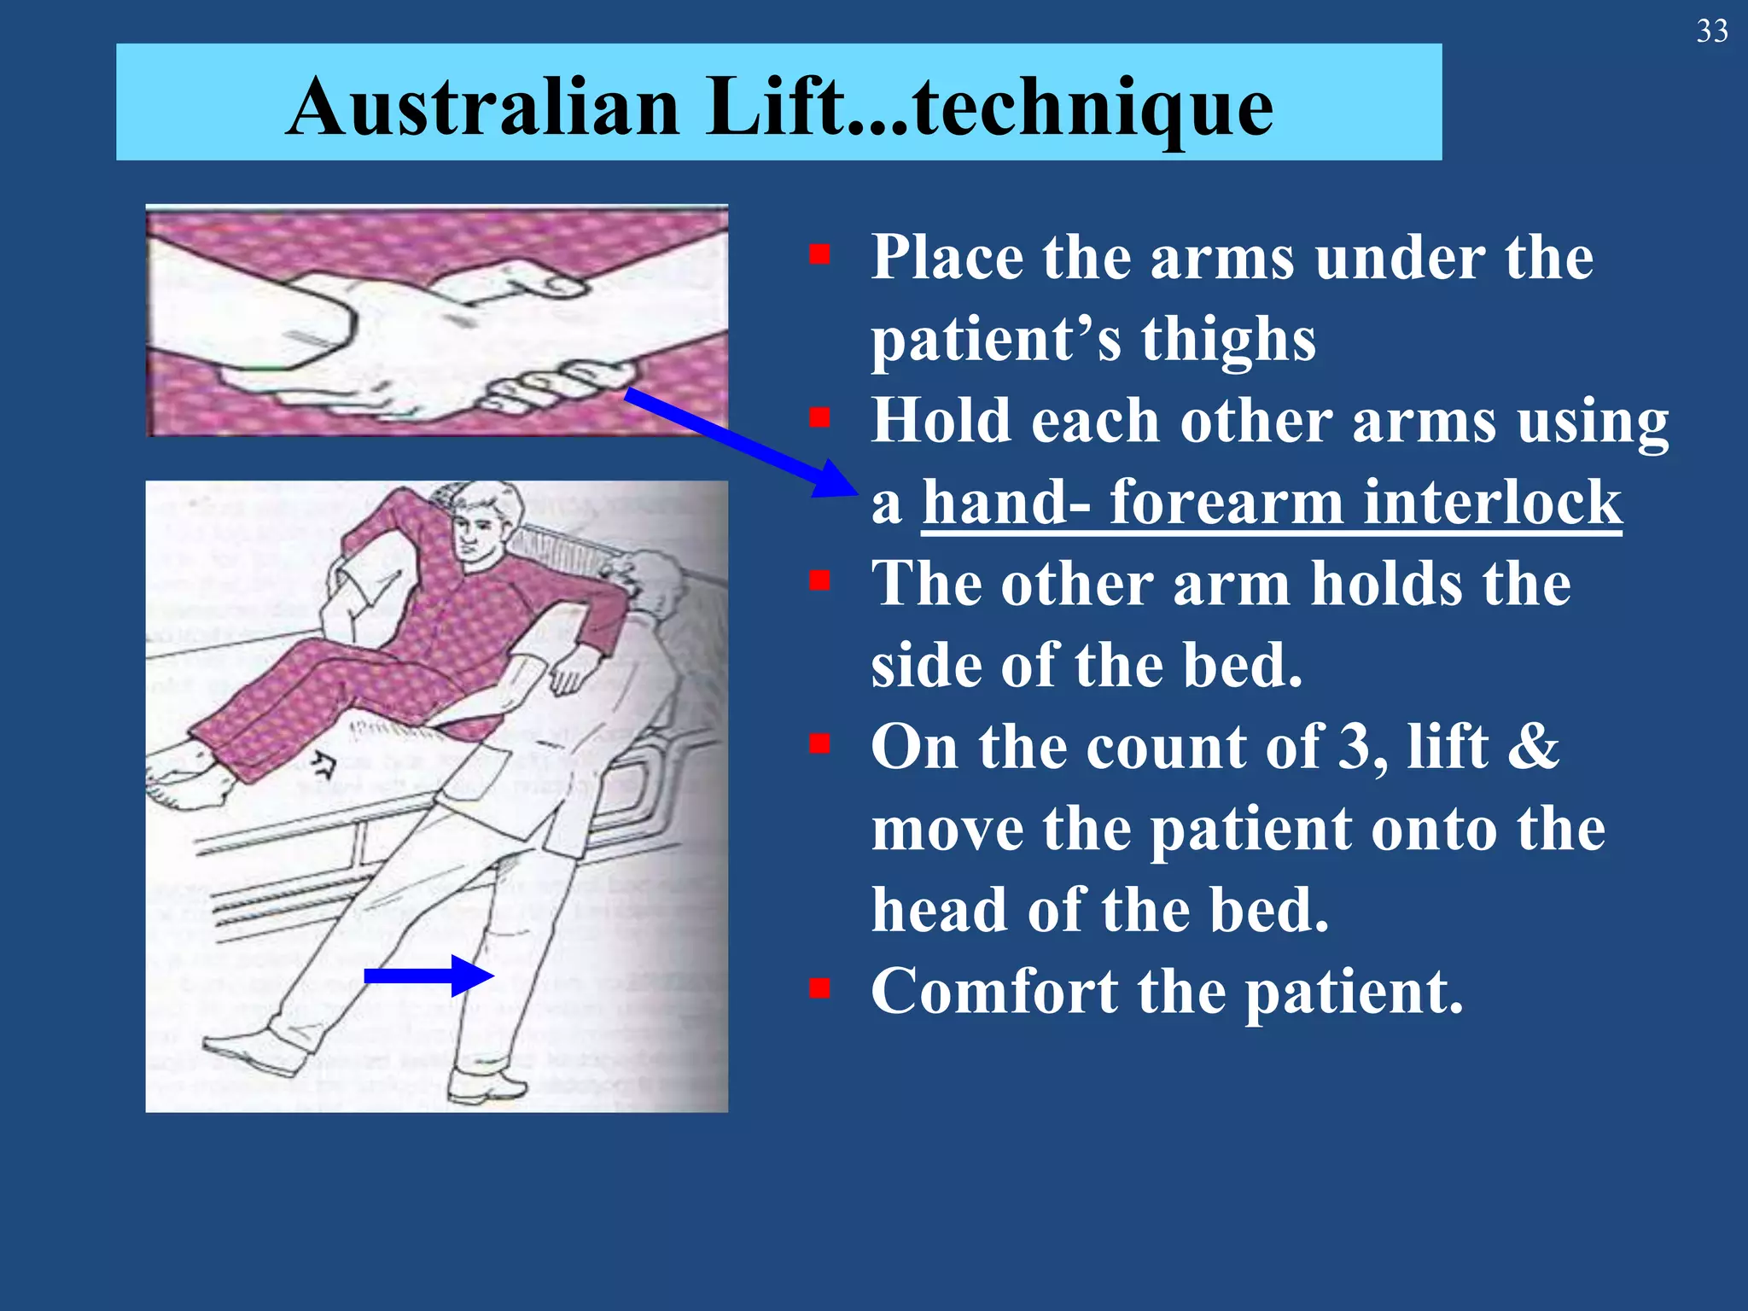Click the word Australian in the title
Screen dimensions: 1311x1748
(x=482, y=108)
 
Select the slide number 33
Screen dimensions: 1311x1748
(x=1711, y=32)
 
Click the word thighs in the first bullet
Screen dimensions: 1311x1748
(x=1228, y=340)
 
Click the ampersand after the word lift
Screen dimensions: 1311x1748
(x=1534, y=747)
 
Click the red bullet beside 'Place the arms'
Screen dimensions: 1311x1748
(x=820, y=255)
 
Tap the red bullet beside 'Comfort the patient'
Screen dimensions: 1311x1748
(x=820, y=988)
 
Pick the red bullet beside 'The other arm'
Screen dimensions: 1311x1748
(x=820, y=581)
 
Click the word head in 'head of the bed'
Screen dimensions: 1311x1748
(x=939, y=911)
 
